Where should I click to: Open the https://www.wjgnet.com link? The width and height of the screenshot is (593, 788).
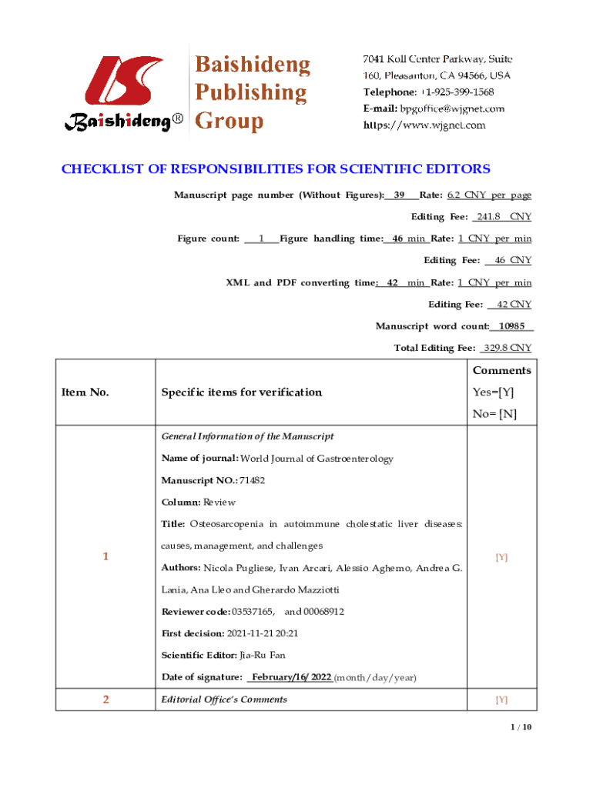(424, 125)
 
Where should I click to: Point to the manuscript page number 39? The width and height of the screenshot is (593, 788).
(400, 195)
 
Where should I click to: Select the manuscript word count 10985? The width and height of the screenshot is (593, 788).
(511, 326)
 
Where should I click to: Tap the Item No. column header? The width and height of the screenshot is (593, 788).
(85, 392)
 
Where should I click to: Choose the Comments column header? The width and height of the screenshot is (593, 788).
(501, 370)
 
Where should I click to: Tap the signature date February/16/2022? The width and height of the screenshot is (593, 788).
(291, 677)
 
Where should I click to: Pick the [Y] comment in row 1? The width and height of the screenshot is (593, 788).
(501, 557)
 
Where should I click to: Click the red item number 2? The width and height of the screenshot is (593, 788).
(106, 700)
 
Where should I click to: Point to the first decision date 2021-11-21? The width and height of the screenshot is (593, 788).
(252, 633)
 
